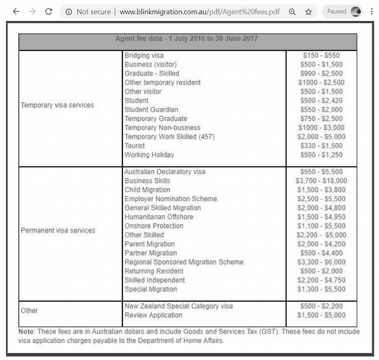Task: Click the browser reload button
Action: click(49, 11)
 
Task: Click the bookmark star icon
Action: click(308, 11)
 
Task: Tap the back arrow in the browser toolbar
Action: click(15, 11)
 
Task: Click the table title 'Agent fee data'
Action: click(187, 38)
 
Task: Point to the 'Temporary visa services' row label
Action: click(57, 105)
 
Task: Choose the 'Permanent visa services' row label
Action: click(58, 230)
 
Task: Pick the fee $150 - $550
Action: click(321, 55)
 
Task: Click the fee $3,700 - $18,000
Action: click(321, 181)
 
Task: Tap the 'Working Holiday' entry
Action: click(149, 155)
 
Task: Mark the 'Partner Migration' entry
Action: click(151, 253)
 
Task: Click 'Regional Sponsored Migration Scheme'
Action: click(184, 262)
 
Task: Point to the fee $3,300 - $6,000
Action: click(321, 262)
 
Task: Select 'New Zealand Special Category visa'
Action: click(178, 306)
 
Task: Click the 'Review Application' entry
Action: click(153, 315)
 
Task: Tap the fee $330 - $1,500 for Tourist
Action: click(321, 146)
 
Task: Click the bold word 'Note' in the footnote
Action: click(26, 331)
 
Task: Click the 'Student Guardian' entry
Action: click(151, 110)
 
